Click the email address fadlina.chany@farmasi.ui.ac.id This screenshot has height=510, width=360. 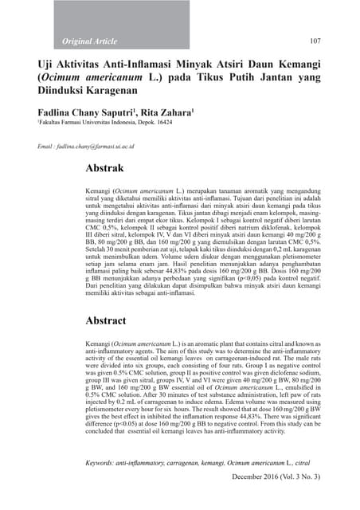click(94, 147)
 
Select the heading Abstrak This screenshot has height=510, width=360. click(110, 169)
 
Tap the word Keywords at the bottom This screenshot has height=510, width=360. click(105, 462)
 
